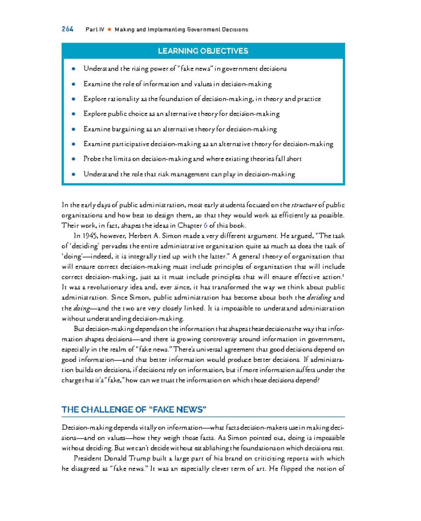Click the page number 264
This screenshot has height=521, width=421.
[x=67, y=29]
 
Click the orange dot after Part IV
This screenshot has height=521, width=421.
[x=109, y=29]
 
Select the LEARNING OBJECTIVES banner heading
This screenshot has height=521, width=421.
[x=203, y=51]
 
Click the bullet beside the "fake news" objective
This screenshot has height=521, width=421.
[x=73, y=69]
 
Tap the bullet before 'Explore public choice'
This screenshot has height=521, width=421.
[x=73, y=114]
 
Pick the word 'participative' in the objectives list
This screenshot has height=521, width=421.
[x=131, y=144]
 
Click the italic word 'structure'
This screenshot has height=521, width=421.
[x=304, y=205]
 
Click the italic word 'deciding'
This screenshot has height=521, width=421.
[x=319, y=298]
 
